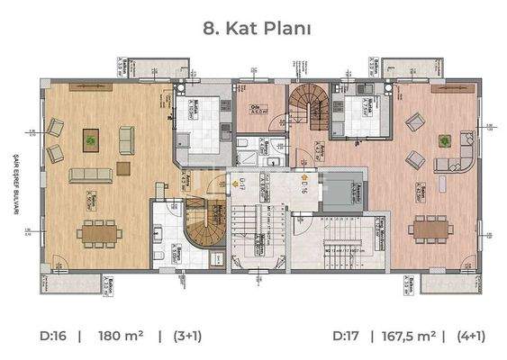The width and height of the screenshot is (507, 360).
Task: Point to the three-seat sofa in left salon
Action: [x=89, y=173]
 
